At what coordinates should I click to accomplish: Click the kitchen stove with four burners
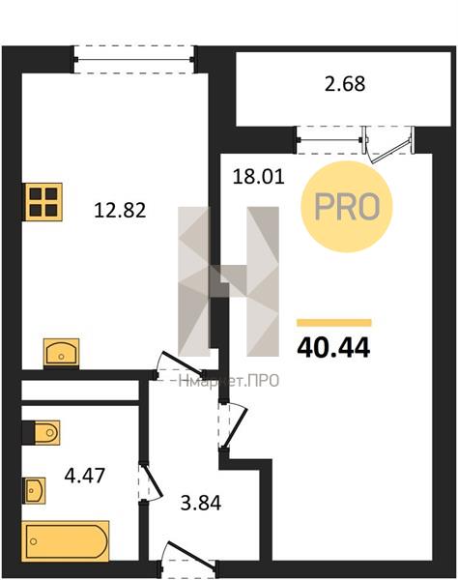(x=43, y=202)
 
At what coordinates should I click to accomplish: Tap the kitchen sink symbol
(x=62, y=353)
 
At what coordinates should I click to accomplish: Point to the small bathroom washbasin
(x=35, y=490)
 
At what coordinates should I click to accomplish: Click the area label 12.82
(x=120, y=211)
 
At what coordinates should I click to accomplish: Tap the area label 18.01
(x=258, y=177)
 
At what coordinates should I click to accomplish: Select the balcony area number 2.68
(x=345, y=84)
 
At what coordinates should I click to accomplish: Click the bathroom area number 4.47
(x=85, y=475)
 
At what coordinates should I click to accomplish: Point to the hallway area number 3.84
(x=201, y=503)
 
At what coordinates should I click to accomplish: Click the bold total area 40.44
(x=333, y=348)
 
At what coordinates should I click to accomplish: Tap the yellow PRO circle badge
(x=346, y=207)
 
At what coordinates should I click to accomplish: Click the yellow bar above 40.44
(x=333, y=323)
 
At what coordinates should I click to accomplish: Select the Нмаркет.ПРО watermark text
(x=228, y=381)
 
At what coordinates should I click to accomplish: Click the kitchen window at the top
(x=133, y=59)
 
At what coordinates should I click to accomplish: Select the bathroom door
(x=151, y=481)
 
